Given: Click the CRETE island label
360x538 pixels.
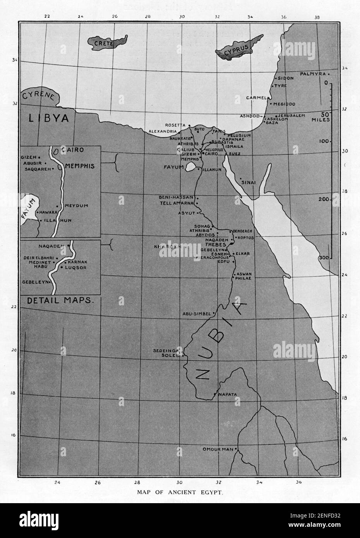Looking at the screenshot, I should coord(103,44).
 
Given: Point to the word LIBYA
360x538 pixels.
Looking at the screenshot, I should coord(48,118).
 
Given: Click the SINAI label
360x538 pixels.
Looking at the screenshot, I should coord(248,182).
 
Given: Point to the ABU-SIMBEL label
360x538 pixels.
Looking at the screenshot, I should coord(196,314).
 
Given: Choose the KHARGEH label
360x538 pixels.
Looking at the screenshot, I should coord(167,247).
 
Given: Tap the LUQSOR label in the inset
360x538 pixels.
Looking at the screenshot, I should coord(74,267).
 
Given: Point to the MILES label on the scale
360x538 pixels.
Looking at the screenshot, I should coord(321,120).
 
